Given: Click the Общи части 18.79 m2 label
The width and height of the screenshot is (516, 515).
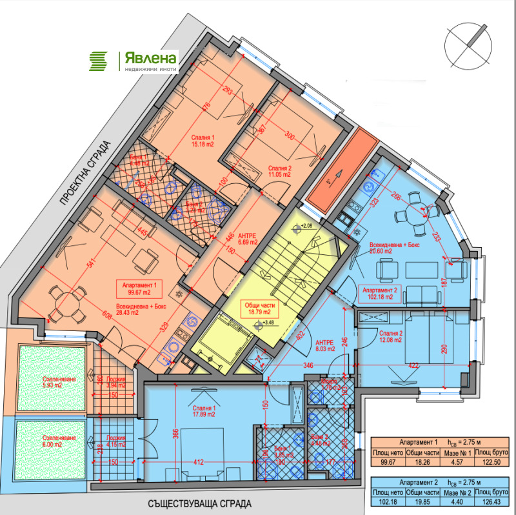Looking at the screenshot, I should pos(258,309).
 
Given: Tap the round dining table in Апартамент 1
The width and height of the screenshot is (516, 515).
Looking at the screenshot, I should pos(64,303).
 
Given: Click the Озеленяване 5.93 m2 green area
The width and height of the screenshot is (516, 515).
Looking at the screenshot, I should pos(52,378).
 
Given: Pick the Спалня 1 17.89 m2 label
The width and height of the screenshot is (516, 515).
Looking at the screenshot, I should pos(203,411).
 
